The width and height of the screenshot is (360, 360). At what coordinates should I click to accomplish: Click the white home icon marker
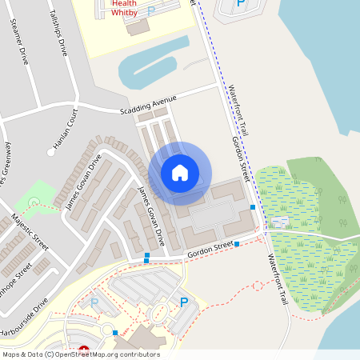point(180,173)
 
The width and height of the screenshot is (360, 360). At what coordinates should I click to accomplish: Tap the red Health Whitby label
point(124,8)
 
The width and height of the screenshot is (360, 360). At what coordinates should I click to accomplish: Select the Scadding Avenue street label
point(147,105)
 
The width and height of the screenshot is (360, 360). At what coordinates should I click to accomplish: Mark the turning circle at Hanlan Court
point(50,151)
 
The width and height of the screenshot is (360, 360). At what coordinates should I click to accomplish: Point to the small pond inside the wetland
point(280,218)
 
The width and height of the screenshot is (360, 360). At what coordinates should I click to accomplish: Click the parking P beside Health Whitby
point(152,11)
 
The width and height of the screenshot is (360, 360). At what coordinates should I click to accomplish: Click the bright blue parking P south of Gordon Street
point(183,302)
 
